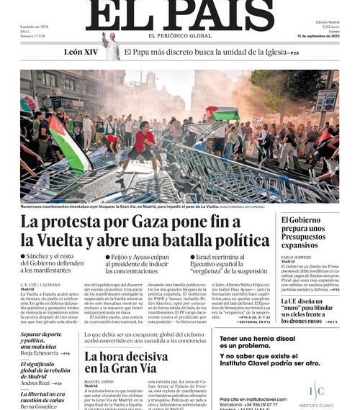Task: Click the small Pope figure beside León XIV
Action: [110, 47]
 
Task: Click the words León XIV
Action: [81, 53]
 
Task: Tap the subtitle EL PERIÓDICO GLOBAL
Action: [180, 36]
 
